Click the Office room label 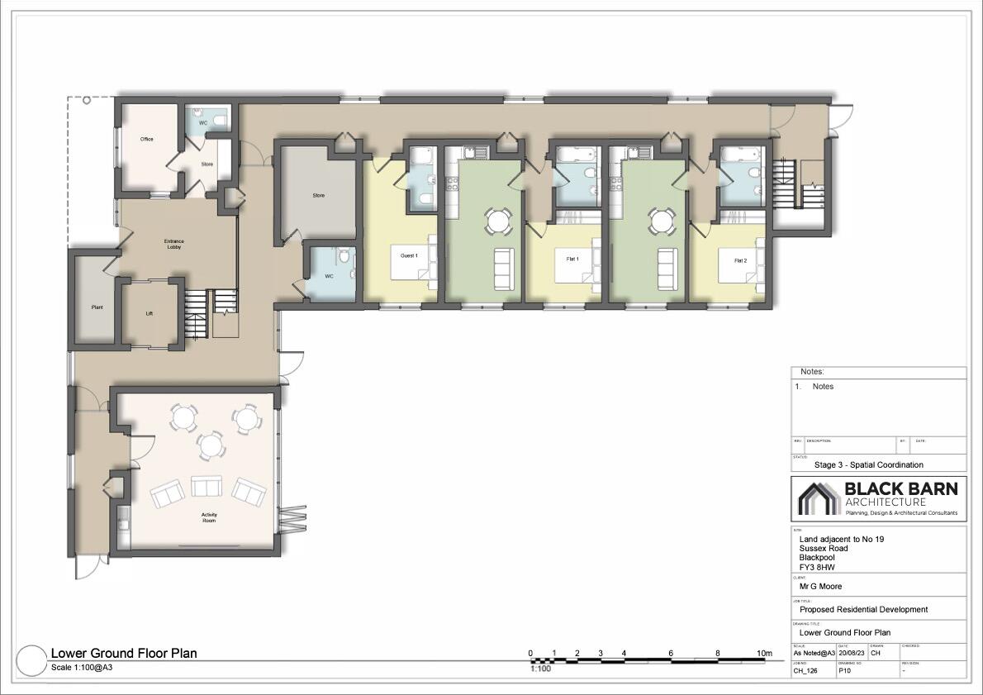146,139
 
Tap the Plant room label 97,307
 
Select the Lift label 149,314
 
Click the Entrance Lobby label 173,244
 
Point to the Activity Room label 209,518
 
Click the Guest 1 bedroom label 409,256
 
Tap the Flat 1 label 572,259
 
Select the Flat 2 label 740,261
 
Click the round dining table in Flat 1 496,221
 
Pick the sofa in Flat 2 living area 666,264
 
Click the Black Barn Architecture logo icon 818,497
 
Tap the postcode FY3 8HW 817,568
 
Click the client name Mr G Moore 821,586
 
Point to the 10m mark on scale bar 765,654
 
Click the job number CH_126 805,671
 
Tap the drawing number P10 845,671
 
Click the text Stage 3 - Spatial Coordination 868,464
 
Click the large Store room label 318,196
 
